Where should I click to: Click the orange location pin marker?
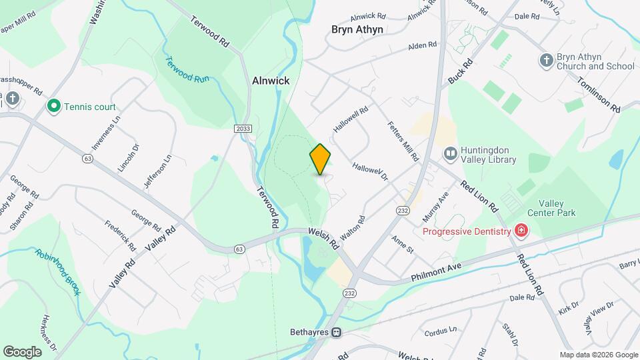point(321,159)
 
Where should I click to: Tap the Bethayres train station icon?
point(337,332)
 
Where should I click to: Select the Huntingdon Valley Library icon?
point(451,155)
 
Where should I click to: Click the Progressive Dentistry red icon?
point(521,231)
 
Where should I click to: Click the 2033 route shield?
point(243,128)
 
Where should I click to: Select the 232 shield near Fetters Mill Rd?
point(402,210)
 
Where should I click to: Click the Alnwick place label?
point(271,81)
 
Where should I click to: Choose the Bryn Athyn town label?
point(357,29)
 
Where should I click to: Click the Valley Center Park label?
point(551,208)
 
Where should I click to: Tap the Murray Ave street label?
point(435,207)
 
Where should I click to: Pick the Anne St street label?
point(403,244)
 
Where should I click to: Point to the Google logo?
point(22,351)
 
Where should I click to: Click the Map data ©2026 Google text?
point(598,355)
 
